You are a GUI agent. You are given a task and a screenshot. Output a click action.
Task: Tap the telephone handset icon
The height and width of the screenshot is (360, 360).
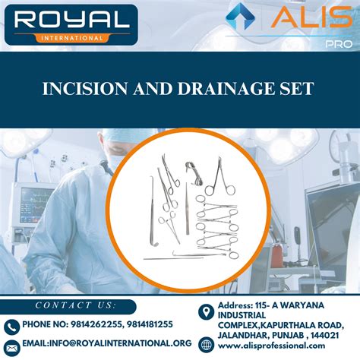(11, 327)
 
